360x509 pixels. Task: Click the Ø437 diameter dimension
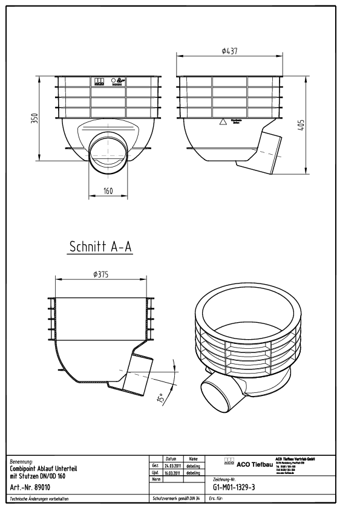pyautogui.click(x=228, y=51)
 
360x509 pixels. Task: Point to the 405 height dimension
pyautogui.click(x=301, y=125)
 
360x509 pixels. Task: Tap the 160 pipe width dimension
pyautogui.click(x=108, y=191)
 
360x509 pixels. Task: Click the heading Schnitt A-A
pyautogui.click(x=100, y=247)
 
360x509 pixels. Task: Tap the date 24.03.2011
pyautogui.click(x=172, y=466)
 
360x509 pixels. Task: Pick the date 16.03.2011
pyautogui.click(x=172, y=473)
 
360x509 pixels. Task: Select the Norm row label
pyautogui.click(x=155, y=479)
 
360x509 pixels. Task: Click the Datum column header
pyautogui.click(x=171, y=459)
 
